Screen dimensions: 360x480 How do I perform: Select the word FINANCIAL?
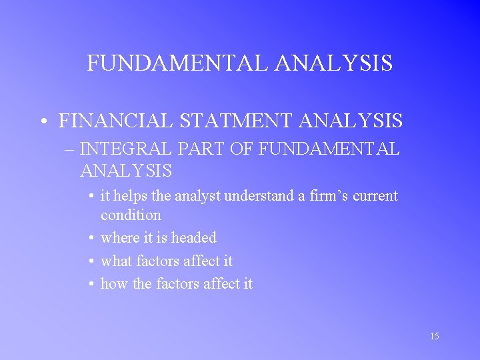click(x=115, y=121)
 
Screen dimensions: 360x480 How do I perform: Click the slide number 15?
click(x=434, y=336)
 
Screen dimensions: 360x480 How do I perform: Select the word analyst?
click(x=200, y=196)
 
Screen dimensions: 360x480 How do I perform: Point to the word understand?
click(x=258, y=196)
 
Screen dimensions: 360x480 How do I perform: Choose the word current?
click(x=375, y=196)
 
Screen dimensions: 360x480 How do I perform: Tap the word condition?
click(x=131, y=215)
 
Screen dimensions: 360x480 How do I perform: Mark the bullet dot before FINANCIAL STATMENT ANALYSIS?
click(x=42, y=122)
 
